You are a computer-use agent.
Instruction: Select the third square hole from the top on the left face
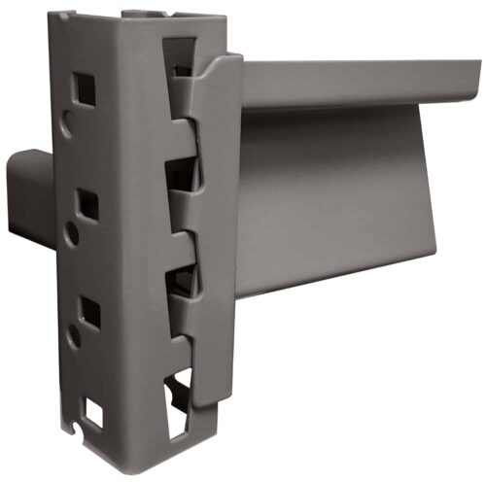tap(89, 310)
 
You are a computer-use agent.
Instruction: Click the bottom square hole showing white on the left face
tap(93, 414)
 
